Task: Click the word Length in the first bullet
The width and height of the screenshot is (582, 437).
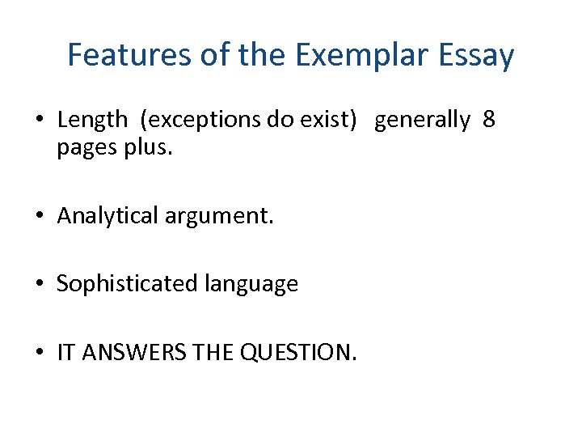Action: [93, 120]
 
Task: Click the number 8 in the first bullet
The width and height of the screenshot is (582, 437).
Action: [488, 120]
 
